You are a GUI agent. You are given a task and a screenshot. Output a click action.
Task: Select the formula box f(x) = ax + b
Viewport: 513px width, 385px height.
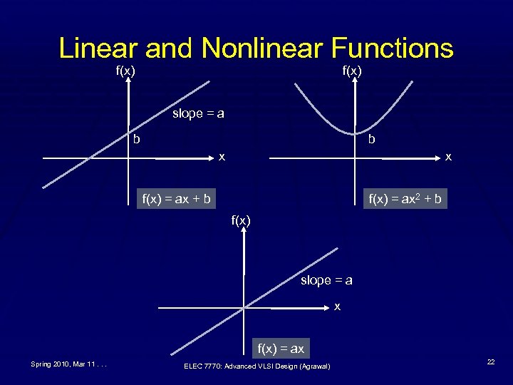[x=176, y=199]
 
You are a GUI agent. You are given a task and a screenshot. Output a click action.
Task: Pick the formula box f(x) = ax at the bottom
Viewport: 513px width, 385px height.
[x=281, y=349]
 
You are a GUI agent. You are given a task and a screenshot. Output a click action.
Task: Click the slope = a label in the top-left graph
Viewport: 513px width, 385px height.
[x=198, y=113]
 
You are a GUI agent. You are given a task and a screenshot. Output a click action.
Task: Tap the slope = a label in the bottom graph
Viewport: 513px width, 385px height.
[x=326, y=280]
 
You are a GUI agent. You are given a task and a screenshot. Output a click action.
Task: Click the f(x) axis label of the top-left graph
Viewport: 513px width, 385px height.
[x=126, y=71]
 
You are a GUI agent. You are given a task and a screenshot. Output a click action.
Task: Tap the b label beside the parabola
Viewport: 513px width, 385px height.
[x=371, y=140]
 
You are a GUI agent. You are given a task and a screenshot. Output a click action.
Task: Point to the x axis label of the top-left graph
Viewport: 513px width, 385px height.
[x=222, y=156]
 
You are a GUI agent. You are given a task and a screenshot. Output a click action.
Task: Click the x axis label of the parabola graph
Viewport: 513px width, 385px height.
[x=447, y=156]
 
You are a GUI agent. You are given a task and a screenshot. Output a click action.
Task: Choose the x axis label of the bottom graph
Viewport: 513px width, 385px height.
[x=337, y=307]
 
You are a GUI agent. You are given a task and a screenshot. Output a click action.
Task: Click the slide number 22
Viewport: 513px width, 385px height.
[x=491, y=363]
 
